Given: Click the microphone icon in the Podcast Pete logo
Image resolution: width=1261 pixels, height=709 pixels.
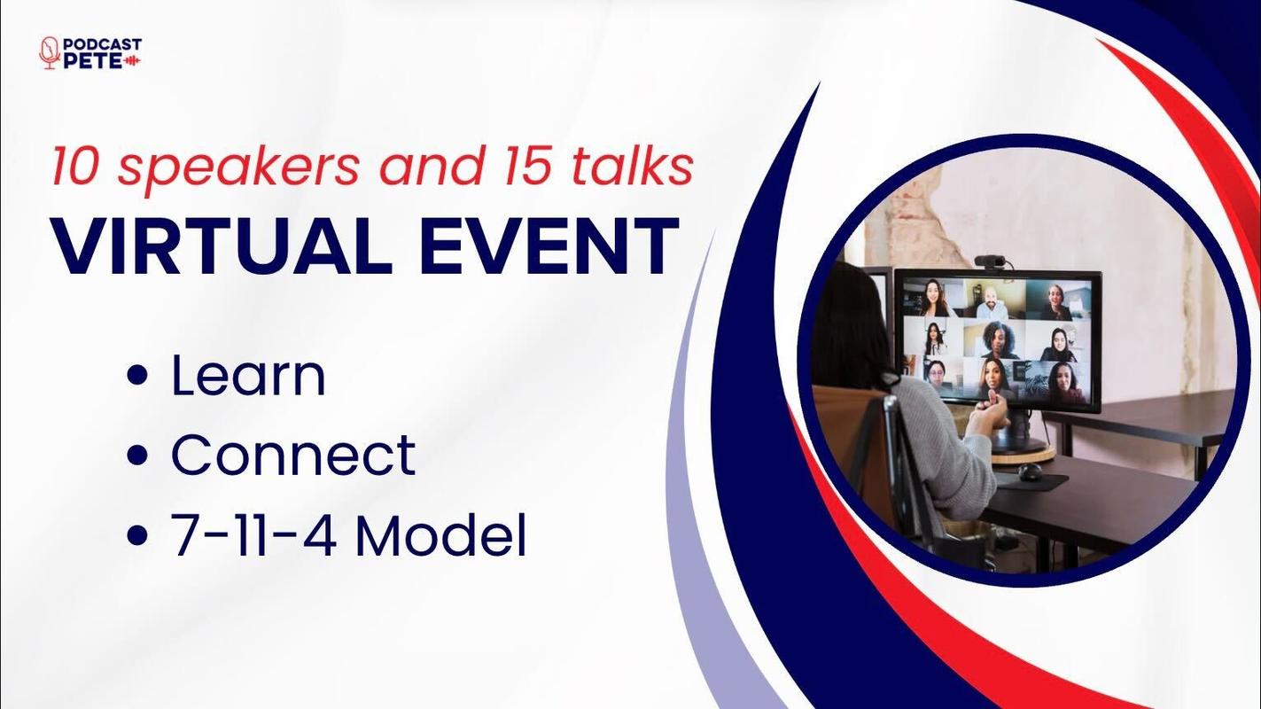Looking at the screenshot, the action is [50, 53].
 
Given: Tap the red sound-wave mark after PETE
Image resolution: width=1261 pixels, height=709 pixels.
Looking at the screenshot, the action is [132, 61].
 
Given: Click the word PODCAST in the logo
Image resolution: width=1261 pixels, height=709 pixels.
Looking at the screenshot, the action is [103, 44].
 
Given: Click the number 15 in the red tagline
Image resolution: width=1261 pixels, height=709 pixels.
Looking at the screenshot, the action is [525, 167].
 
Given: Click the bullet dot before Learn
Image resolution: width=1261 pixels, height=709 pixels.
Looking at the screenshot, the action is [138, 375].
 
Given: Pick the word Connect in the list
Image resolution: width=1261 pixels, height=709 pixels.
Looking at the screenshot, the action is [293, 455].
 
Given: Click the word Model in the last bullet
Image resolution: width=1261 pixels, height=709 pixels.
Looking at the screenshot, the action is [440, 535].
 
